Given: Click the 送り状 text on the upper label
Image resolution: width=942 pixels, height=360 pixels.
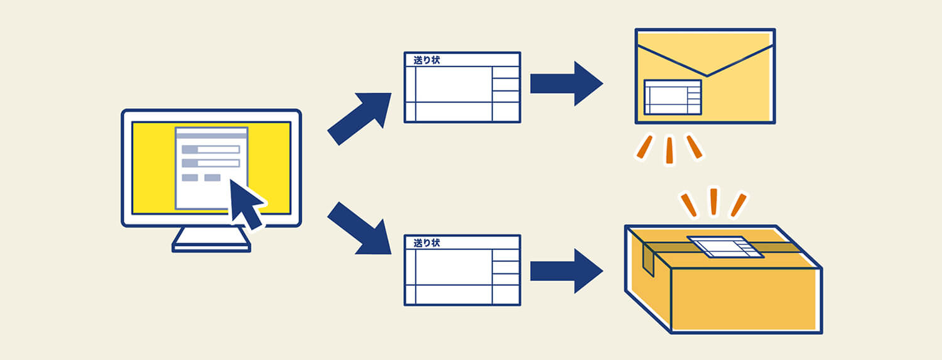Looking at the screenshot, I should tap(426, 60).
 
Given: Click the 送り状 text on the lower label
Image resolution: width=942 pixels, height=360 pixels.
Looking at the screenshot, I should tap(426, 243).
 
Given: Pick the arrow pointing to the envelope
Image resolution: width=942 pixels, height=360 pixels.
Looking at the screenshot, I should tap(566, 84).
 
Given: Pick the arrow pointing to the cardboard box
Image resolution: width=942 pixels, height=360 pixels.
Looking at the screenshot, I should tap(566, 271).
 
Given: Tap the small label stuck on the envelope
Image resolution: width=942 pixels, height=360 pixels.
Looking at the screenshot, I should tap(672, 97).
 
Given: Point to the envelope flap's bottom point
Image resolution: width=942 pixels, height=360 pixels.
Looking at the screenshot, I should tap(706, 76).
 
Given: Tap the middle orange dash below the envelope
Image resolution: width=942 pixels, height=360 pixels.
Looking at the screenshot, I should tap(669, 150).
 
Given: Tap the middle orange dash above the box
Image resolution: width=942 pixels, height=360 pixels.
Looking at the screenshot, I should tap(713, 202).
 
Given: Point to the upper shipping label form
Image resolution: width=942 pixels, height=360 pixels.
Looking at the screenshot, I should tap(462, 88).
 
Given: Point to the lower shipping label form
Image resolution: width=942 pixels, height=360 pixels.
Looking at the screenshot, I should tap(462, 271).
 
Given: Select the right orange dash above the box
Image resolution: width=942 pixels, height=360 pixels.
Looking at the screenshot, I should tap(739, 205).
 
